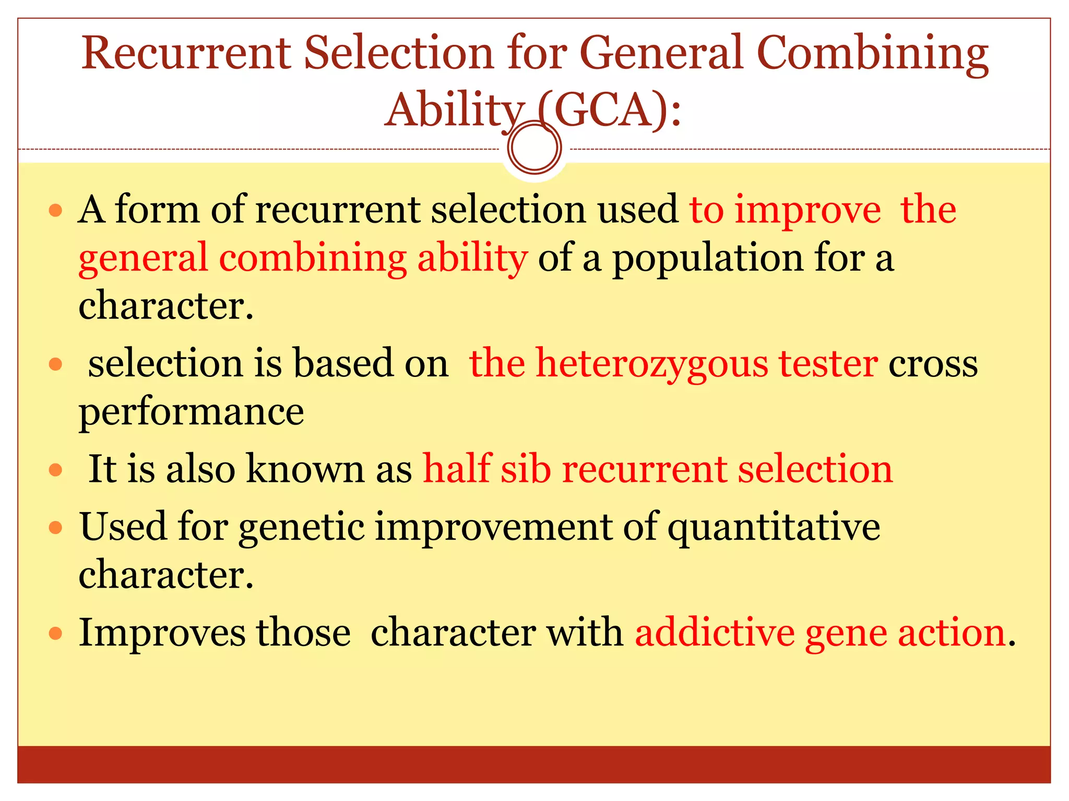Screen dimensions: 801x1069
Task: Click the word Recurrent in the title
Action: [185, 53]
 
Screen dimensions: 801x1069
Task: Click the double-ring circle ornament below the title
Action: [534, 148]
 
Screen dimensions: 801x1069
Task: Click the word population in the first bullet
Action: [707, 259]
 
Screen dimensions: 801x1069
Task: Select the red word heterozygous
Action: [652, 364]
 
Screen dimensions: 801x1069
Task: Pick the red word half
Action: [457, 468]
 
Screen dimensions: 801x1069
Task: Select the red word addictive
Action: [715, 633]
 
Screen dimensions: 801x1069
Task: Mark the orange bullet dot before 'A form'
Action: [55, 211]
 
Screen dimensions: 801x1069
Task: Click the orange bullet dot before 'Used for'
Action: [55, 528]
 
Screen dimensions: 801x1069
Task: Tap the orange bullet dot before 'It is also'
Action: [55, 470]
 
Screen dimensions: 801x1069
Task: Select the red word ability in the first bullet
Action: [472, 259]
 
